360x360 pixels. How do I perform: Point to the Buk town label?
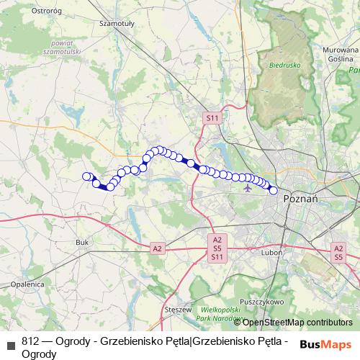(81, 243)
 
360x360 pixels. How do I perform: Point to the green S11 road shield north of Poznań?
(212, 117)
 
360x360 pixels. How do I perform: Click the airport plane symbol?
(248, 188)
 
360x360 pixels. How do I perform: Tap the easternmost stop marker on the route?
(273, 190)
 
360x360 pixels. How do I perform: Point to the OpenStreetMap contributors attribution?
(297, 323)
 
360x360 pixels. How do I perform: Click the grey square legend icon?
(10, 345)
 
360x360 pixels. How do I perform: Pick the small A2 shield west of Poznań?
(157, 248)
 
